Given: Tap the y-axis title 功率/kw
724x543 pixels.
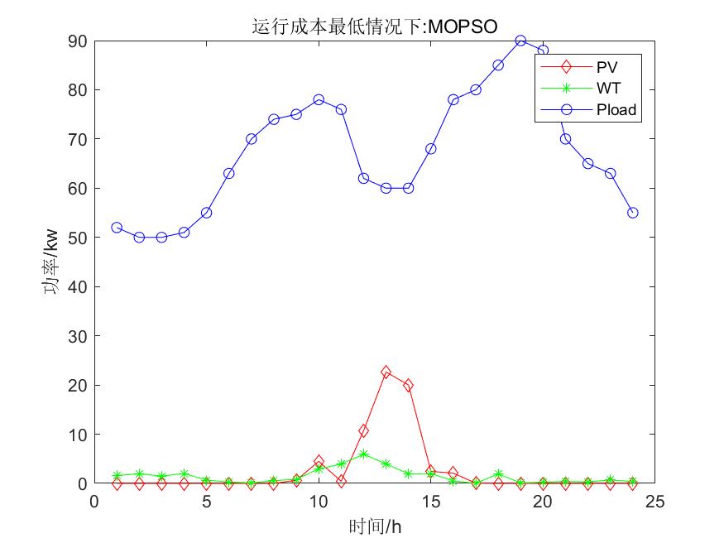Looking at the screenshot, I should pos(51,262).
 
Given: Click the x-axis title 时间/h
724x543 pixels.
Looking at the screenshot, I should pos(375,526).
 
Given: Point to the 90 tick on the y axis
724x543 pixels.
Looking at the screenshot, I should pos(79,41).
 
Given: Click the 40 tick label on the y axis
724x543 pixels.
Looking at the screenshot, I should pos(79,286).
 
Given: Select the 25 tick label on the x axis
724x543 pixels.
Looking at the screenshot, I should pos(654,502).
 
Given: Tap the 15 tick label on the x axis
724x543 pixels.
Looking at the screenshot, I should pos(430,502).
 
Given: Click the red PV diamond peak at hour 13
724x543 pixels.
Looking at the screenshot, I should pos(386,372).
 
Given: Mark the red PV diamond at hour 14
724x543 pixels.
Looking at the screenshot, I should pos(408,385).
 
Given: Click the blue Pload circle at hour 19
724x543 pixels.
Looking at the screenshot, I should pos(520,41).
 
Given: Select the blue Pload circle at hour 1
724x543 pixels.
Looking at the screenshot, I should pos(117,228).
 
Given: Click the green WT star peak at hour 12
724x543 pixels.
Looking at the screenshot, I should pos(363,454).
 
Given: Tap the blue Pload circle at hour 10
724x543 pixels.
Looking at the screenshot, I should pos(319,99).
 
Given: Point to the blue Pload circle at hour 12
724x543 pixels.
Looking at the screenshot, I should pos(363,178).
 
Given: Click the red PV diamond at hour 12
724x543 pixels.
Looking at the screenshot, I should pos(363,430).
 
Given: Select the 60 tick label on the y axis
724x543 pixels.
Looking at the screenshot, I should pos(79,188).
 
